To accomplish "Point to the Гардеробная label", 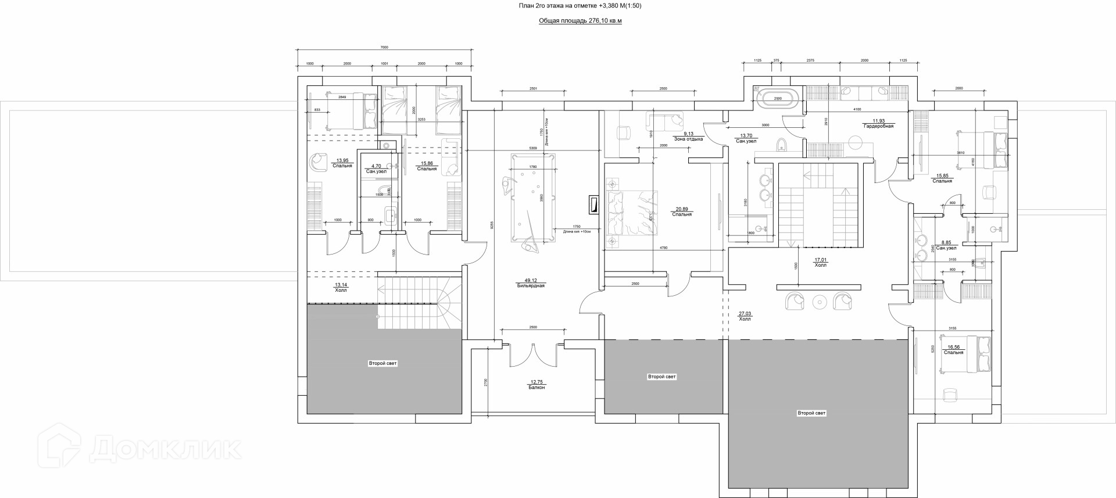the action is [x=878, y=126].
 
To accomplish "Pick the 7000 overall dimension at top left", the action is [x=384, y=47].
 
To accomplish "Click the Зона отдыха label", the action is [x=688, y=139].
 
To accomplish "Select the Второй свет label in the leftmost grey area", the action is [x=382, y=363].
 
